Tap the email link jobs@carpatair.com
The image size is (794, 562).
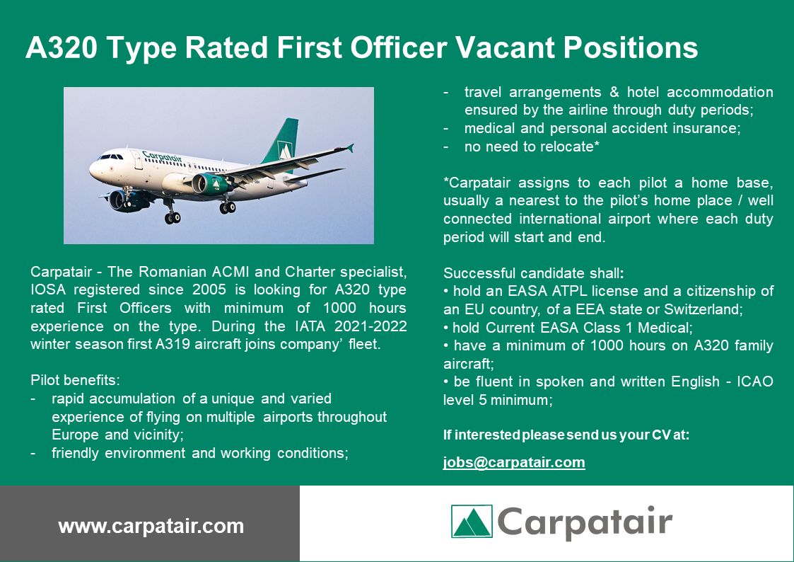(x=514, y=463)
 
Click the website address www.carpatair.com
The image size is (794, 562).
(x=151, y=526)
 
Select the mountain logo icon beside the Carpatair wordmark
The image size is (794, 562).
(x=472, y=521)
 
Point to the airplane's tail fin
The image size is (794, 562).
(x=282, y=140)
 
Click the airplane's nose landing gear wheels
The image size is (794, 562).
(x=173, y=217)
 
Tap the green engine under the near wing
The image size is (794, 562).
(x=210, y=184)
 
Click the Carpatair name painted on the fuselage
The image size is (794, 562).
(x=161, y=157)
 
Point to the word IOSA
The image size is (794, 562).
(x=49, y=289)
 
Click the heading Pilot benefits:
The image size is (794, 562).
(x=75, y=380)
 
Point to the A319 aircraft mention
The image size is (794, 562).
(x=173, y=344)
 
